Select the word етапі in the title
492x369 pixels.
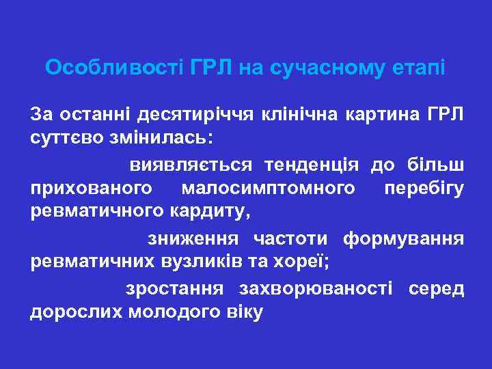point(420,68)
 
